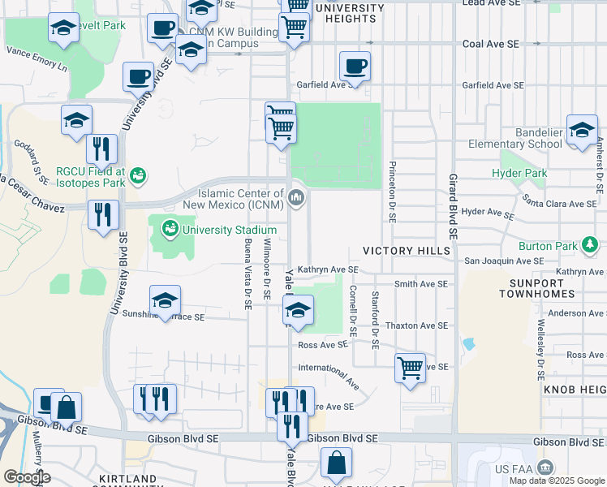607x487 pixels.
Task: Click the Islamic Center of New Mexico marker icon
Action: pos(297,196)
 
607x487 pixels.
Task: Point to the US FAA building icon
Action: pos(545,468)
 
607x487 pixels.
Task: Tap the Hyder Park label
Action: pos(519,173)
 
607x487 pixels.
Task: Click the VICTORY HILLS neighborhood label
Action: pos(406,252)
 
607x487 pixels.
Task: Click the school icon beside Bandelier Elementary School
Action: pos(582,130)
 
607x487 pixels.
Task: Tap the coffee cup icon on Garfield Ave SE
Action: pos(355,66)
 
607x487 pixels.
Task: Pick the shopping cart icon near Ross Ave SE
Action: pos(411,366)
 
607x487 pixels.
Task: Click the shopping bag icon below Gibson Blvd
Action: pos(336,463)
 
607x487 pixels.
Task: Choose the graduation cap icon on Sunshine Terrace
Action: pos(165,300)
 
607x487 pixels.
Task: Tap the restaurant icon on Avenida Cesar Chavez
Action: pos(104,214)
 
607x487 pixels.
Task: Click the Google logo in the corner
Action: pos(28,477)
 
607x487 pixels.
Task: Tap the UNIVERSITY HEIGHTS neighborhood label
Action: pos(349,13)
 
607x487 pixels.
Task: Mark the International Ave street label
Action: pos(329,373)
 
